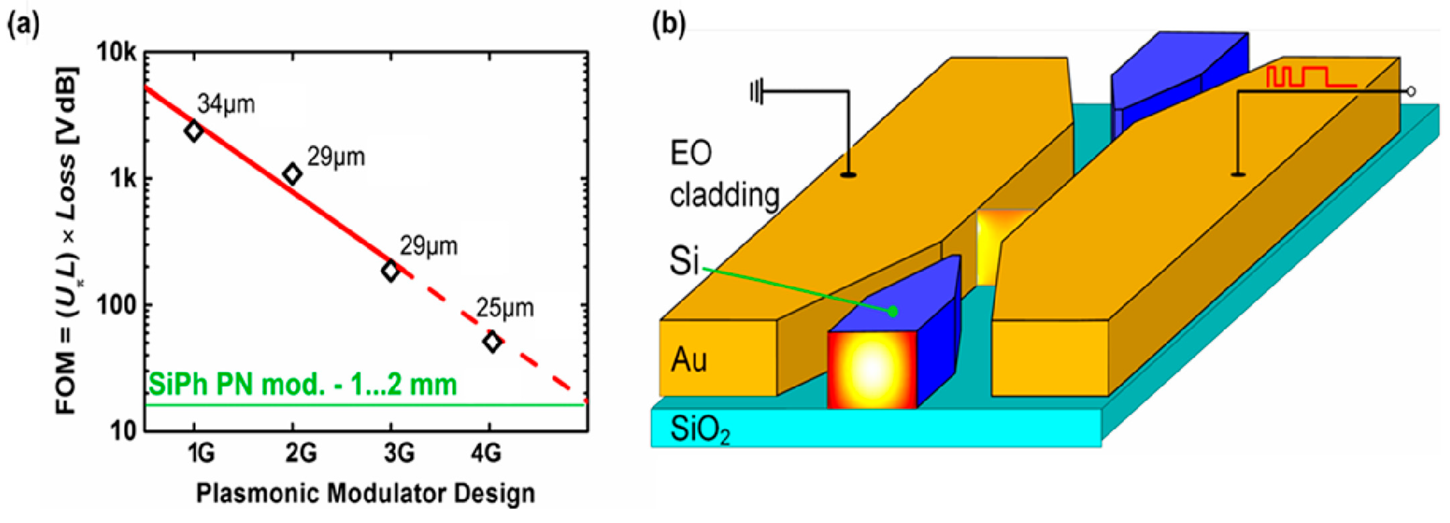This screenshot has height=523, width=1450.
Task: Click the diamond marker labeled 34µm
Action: click(194, 131)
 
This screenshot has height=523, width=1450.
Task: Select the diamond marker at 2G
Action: click(292, 174)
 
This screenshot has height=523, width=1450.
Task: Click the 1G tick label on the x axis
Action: click(201, 452)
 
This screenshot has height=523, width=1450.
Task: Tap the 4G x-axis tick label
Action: click(486, 452)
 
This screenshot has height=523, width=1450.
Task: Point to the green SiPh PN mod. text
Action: click(302, 385)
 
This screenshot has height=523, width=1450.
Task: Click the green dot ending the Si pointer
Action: click(893, 311)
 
